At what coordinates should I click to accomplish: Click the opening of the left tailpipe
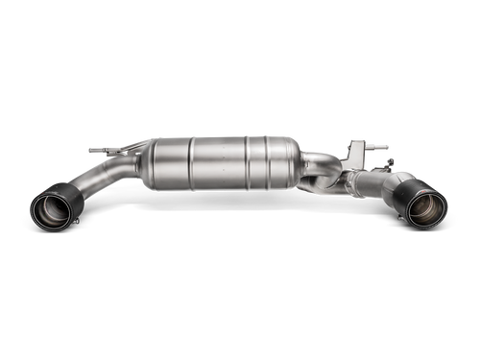tap(51, 212)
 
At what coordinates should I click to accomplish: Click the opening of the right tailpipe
tap(427, 210)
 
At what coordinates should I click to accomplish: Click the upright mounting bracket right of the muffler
tap(356, 154)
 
